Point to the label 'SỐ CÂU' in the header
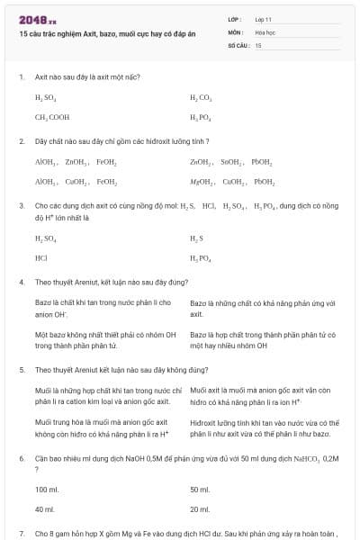238,44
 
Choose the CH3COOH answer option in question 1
51,117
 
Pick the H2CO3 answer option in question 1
200,96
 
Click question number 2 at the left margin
21,141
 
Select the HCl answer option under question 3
40,257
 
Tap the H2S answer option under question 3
197,238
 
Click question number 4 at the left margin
21,282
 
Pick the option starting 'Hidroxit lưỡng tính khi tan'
261,427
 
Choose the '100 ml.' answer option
47,490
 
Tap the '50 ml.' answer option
200,490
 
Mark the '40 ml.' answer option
45,509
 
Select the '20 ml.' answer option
200,509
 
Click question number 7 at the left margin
21,534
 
